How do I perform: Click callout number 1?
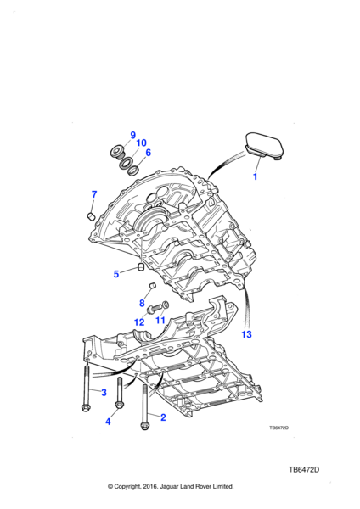(x=255, y=176)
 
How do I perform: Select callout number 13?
(x=246, y=334)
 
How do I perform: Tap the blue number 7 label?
(x=94, y=194)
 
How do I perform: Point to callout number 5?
(x=116, y=274)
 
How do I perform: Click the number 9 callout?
(x=132, y=135)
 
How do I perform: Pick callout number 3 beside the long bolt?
(x=104, y=392)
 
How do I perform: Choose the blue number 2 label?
(x=163, y=417)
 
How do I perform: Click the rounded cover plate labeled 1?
(x=264, y=146)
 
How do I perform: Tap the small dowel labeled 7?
(x=91, y=215)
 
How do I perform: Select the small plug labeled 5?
(x=141, y=267)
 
